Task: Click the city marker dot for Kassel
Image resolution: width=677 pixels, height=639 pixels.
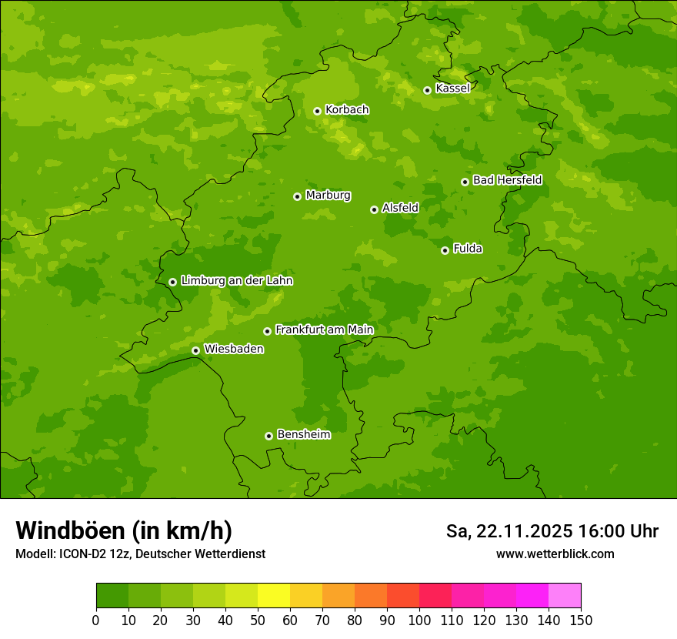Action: coord(427,90)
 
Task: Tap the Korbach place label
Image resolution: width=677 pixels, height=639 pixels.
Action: coord(347,110)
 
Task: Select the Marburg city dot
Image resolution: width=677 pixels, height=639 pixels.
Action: coord(297,196)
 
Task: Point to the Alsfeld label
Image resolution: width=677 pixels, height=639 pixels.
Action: coord(400,208)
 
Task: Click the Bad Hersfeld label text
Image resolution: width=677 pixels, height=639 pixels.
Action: coord(507,180)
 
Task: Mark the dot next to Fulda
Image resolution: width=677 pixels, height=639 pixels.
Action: coord(445,250)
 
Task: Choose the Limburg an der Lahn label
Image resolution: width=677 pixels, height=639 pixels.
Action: coord(236,281)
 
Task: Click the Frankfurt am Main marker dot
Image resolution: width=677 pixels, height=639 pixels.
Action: coord(267,331)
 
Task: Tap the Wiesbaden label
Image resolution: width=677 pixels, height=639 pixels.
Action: coord(233,349)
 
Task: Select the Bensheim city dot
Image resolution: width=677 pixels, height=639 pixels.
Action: coord(268,436)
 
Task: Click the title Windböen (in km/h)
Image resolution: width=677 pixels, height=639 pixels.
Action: coord(124,530)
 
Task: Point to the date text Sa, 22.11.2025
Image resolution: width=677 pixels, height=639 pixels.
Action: coord(509,531)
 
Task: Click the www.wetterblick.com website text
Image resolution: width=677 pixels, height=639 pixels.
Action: coord(555,554)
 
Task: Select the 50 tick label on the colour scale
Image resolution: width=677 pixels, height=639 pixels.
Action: coord(258,620)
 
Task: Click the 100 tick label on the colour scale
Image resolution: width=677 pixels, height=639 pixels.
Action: coord(419,620)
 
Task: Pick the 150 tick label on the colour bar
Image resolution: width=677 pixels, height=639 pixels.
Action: coord(581,620)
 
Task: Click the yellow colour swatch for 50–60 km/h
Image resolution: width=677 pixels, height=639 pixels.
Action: coord(274,596)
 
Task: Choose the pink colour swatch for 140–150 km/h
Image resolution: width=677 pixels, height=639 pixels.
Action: coord(565,596)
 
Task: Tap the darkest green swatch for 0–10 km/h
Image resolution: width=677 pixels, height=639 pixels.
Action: coord(112,596)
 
